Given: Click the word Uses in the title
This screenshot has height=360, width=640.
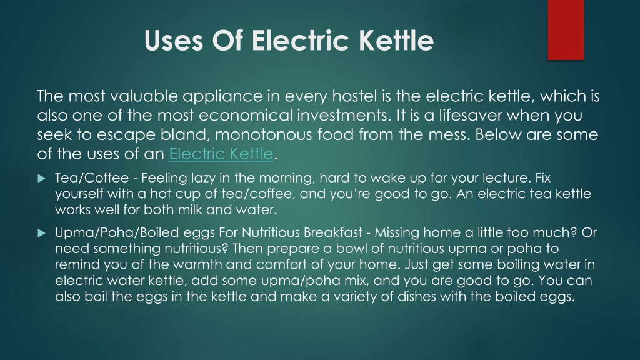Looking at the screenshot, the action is coord(174,41).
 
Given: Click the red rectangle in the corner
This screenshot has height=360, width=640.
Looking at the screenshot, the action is coord(565,30).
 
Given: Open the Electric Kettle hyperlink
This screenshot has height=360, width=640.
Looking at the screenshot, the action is coord(221,154).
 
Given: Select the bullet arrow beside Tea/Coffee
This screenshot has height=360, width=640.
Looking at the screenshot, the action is coord(42,178).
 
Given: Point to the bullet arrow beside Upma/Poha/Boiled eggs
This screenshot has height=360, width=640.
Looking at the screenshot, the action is coord(42,233).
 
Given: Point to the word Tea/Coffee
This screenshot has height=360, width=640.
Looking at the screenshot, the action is coord(92,178).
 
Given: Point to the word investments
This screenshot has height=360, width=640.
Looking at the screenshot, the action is coord(344,116).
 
